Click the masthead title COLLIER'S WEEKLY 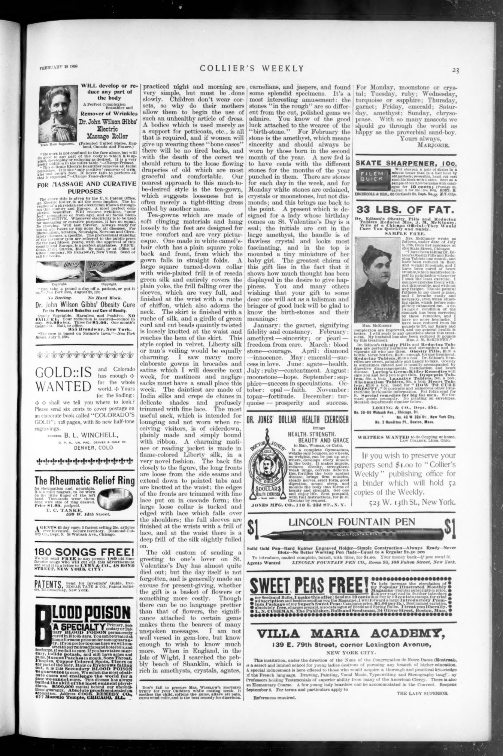(251, 68)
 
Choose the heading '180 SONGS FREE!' (84, 552)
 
